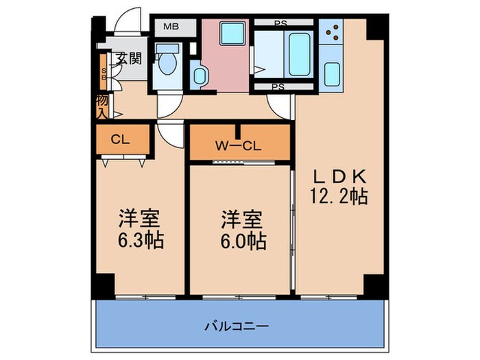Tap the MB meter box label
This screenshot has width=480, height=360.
tap(170, 28)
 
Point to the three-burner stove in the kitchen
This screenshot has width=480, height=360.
tap(332, 33)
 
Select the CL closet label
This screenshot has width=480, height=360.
tap(121, 140)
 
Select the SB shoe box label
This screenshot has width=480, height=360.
tap(104, 74)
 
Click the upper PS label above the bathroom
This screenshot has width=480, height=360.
tap(280, 23)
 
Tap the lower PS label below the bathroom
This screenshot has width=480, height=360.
tap(278, 87)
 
